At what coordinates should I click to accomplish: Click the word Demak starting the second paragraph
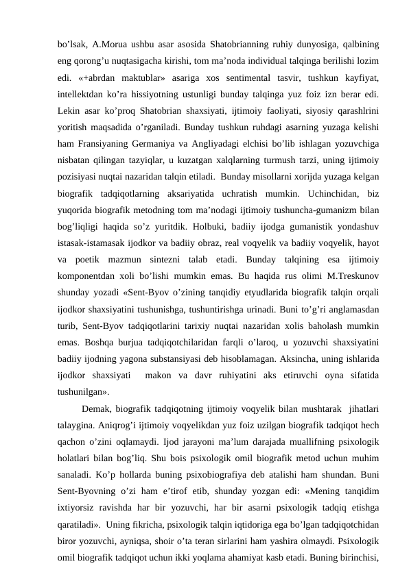(x=96, y=409)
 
